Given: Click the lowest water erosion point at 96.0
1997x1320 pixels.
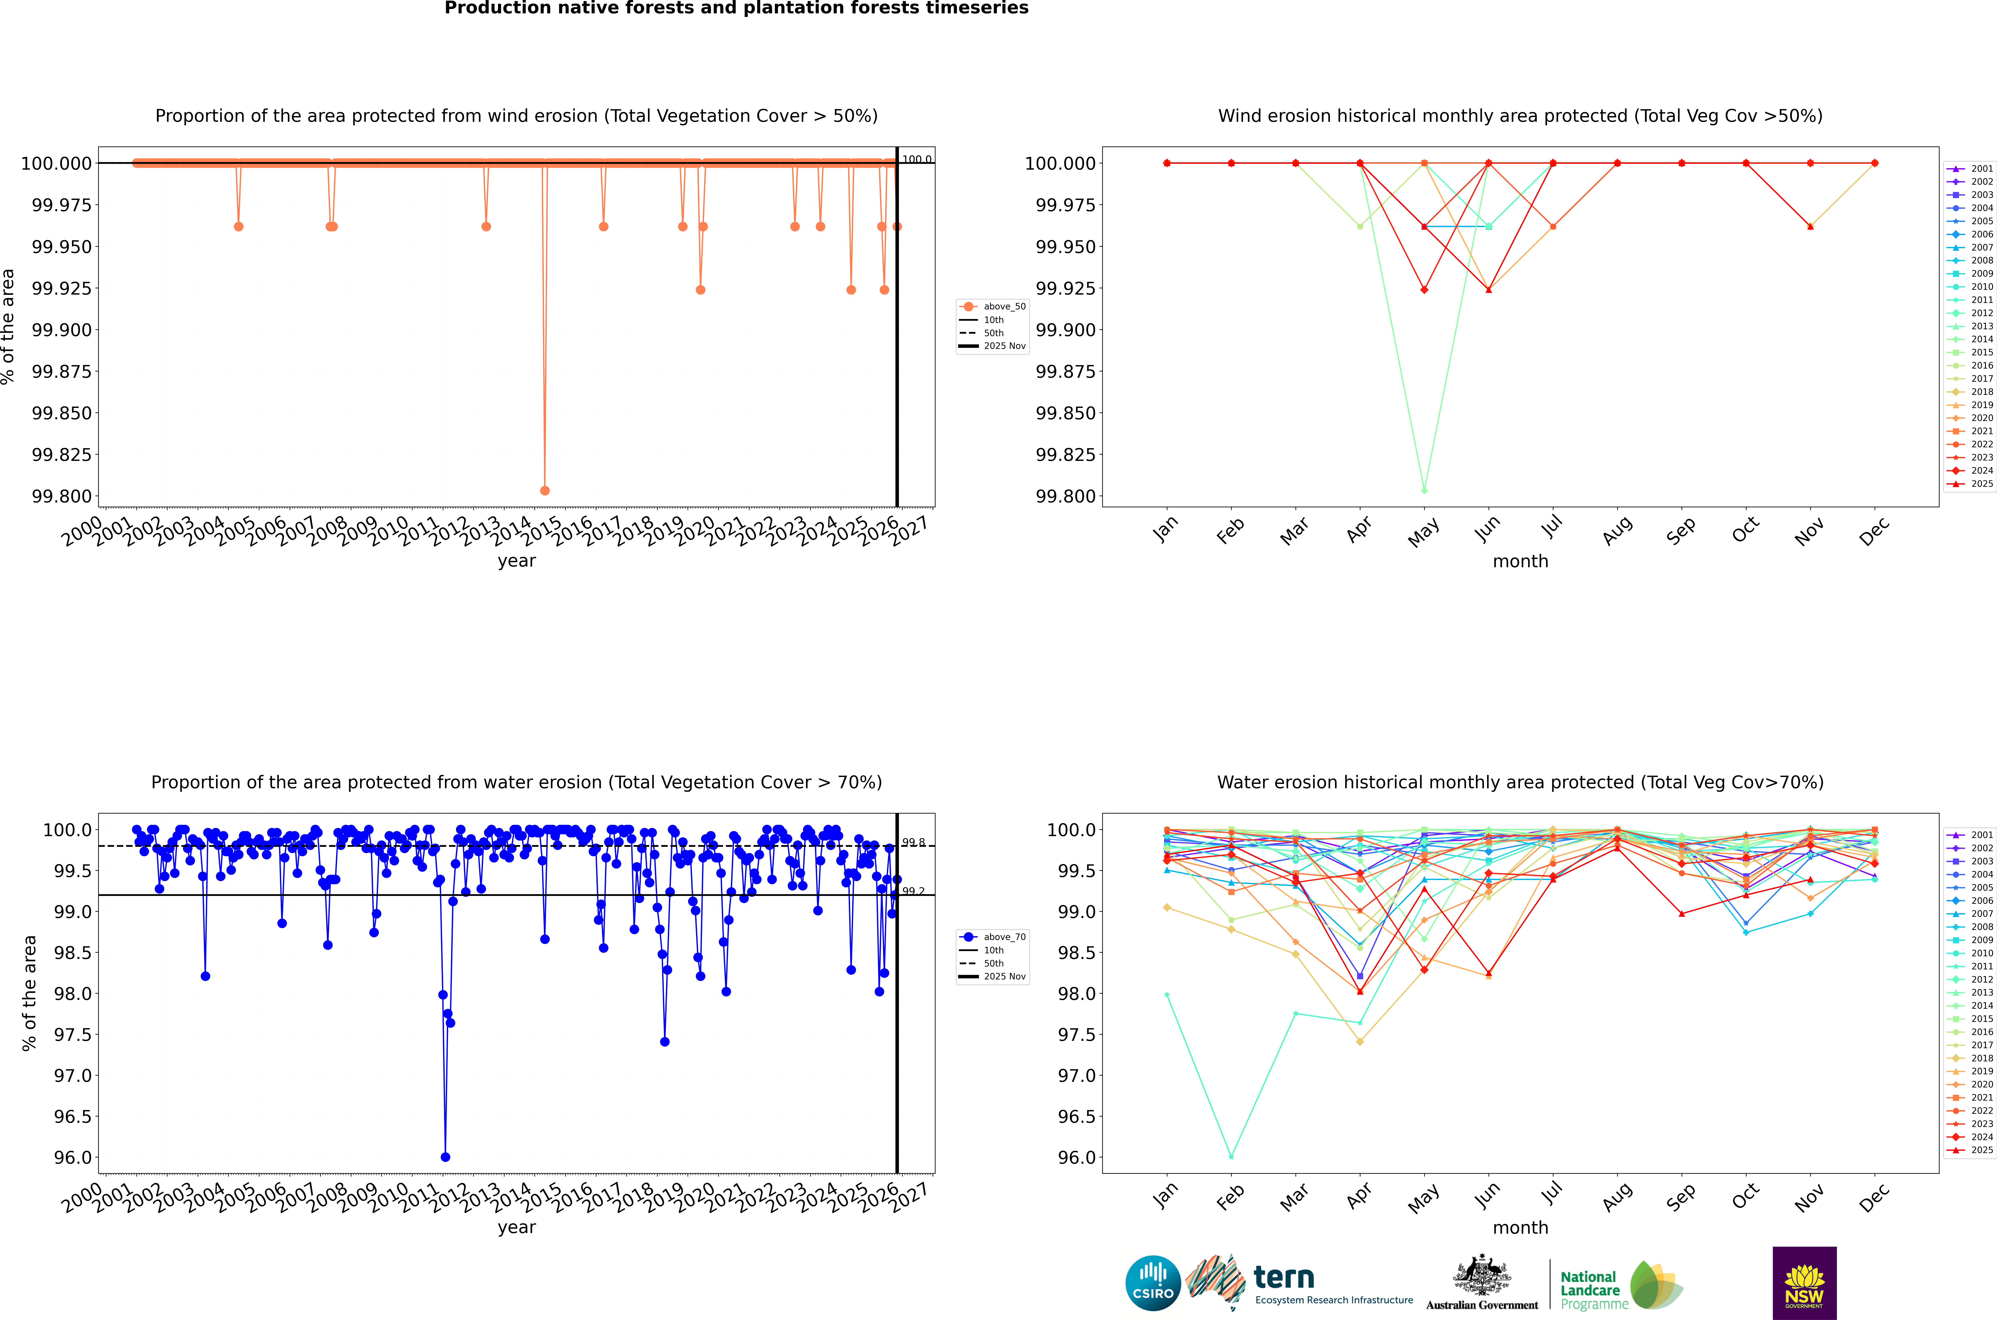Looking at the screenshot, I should tap(445, 1157).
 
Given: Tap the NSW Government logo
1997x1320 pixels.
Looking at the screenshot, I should tap(1804, 1283).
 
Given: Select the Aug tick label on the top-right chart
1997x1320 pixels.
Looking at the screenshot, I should tap(1617, 530).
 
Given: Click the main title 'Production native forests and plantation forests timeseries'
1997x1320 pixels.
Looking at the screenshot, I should tap(736, 8).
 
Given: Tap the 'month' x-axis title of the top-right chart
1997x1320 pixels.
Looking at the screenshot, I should tap(1520, 562).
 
